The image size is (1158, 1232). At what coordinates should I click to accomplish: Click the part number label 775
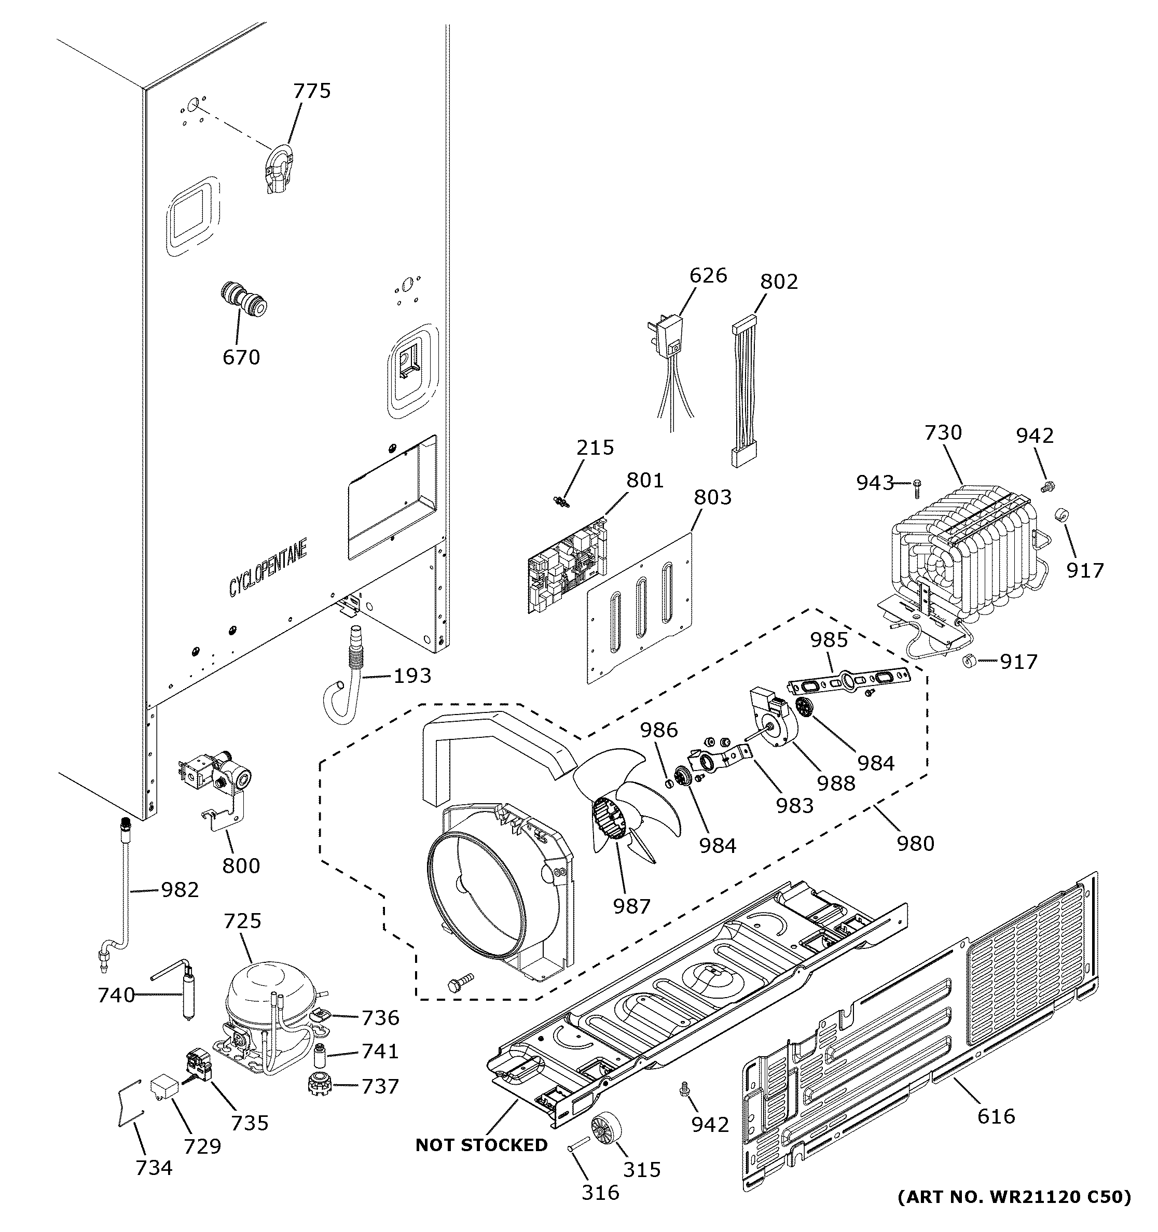(x=312, y=91)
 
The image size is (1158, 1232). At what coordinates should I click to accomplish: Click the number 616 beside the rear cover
(x=996, y=1117)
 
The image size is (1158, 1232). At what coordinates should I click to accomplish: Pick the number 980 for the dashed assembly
(x=915, y=844)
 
